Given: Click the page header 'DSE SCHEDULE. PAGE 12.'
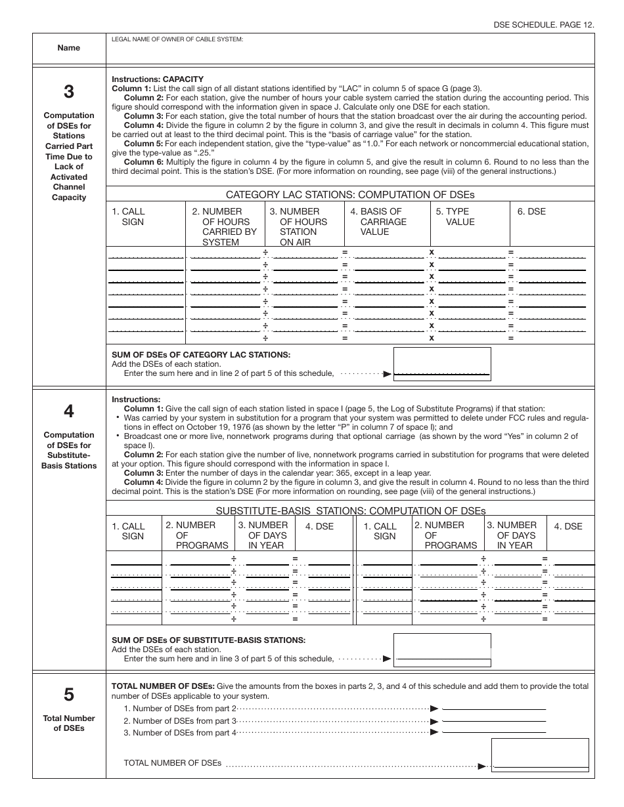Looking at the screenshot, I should click(x=544, y=24).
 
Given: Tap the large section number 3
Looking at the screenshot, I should click(x=69, y=92).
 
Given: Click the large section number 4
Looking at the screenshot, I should click(x=69, y=411).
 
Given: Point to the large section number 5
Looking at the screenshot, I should click(x=69, y=695).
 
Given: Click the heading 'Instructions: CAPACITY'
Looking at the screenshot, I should click(x=158, y=79).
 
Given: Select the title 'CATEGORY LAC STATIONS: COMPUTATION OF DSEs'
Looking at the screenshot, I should click(x=350, y=195).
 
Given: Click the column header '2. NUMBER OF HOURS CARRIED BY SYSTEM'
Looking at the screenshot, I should click(x=224, y=226).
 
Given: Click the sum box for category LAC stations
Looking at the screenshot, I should click(x=442, y=363).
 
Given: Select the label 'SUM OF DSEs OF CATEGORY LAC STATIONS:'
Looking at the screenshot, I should click(x=201, y=354).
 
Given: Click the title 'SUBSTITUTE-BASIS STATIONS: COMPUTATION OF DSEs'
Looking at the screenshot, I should click(x=350, y=511).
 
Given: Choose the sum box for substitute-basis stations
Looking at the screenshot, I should click(x=442, y=649).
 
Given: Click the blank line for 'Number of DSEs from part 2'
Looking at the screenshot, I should click(x=494, y=709).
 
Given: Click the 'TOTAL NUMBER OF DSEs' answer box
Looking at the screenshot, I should click(x=540, y=755).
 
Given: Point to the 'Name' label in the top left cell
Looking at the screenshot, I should click(x=69, y=48).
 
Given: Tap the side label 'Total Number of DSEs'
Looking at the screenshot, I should click(x=69, y=723).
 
